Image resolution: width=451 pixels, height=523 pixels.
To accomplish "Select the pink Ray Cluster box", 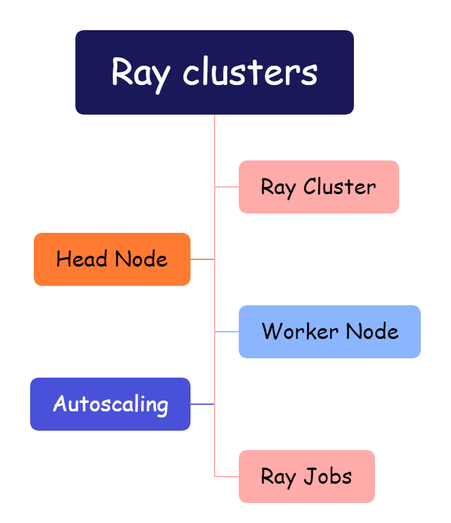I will click(x=318, y=187).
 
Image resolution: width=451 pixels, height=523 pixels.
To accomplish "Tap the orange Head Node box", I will click(x=112, y=259).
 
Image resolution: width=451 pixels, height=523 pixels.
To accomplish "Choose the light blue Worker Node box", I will click(x=329, y=332).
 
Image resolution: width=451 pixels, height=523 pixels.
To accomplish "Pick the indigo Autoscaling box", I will click(x=110, y=404).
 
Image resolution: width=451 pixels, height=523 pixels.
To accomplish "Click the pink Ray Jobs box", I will click(x=306, y=477).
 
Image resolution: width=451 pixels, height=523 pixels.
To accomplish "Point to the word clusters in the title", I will click(x=250, y=72).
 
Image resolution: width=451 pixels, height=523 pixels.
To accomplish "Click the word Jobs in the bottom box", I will click(x=328, y=477).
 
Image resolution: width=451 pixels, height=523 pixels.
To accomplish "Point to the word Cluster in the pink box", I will click(x=339, y=187).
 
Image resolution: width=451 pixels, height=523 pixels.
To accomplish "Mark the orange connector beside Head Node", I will click(x=203, y=259).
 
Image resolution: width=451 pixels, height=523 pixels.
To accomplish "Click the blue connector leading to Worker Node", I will click(x=227, y=332).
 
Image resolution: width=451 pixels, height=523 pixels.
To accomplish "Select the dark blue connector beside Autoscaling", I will click(x=203, y=404).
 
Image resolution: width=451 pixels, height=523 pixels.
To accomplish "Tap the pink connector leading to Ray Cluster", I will click(x=227, y=187).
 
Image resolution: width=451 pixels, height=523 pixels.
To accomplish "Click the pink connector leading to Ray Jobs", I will click(x=227, y=477).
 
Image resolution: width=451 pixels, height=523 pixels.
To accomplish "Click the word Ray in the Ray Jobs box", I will click(x=278, y=477).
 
